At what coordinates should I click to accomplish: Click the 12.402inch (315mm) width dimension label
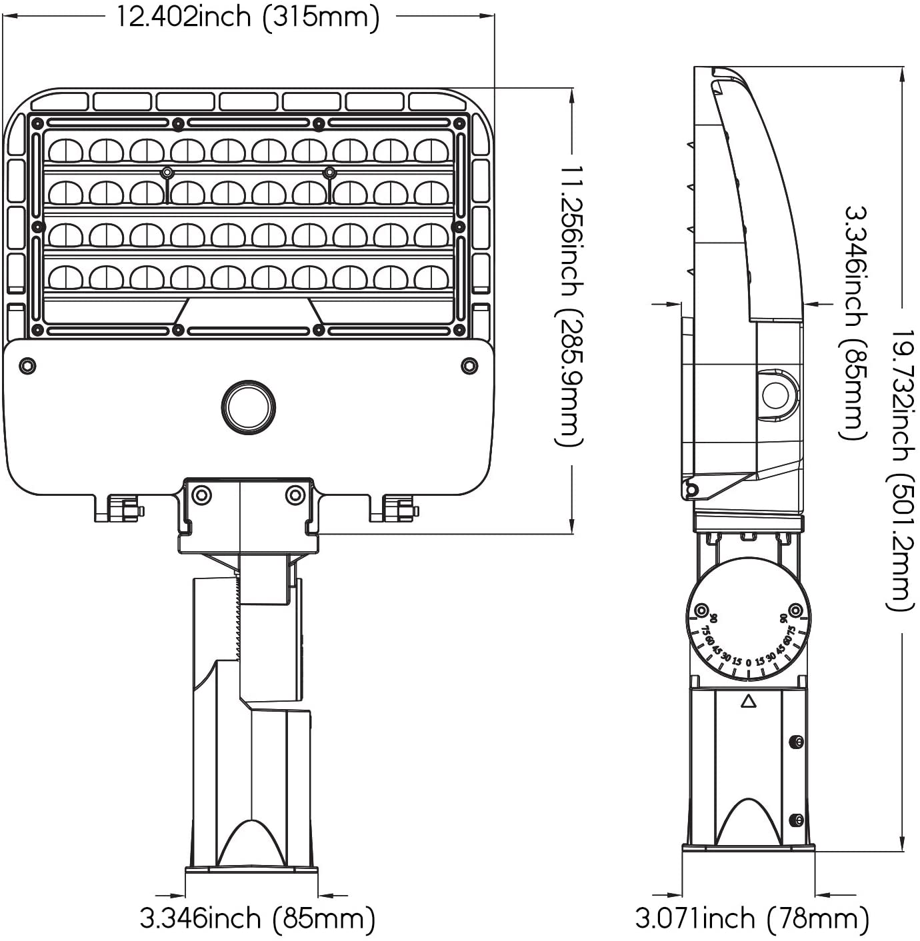248,17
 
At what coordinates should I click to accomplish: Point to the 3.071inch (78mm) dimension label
751,918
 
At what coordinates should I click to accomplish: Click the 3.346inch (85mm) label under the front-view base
257,918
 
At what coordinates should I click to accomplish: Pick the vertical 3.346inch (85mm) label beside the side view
855,323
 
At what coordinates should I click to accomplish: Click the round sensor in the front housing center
248,407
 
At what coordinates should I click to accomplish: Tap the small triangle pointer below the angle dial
749,701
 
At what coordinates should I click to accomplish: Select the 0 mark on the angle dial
749,663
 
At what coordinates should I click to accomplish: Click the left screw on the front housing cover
27,365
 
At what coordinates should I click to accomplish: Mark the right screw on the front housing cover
469,365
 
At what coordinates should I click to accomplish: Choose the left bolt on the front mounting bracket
201,495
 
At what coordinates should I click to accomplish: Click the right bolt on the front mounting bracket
295,495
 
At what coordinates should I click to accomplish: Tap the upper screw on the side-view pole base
795,742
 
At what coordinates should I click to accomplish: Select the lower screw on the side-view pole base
795,820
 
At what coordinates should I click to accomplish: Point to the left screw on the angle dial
701,610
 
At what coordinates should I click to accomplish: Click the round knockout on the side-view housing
776,395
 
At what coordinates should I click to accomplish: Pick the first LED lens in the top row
65,151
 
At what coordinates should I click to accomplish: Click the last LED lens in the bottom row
431,277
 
